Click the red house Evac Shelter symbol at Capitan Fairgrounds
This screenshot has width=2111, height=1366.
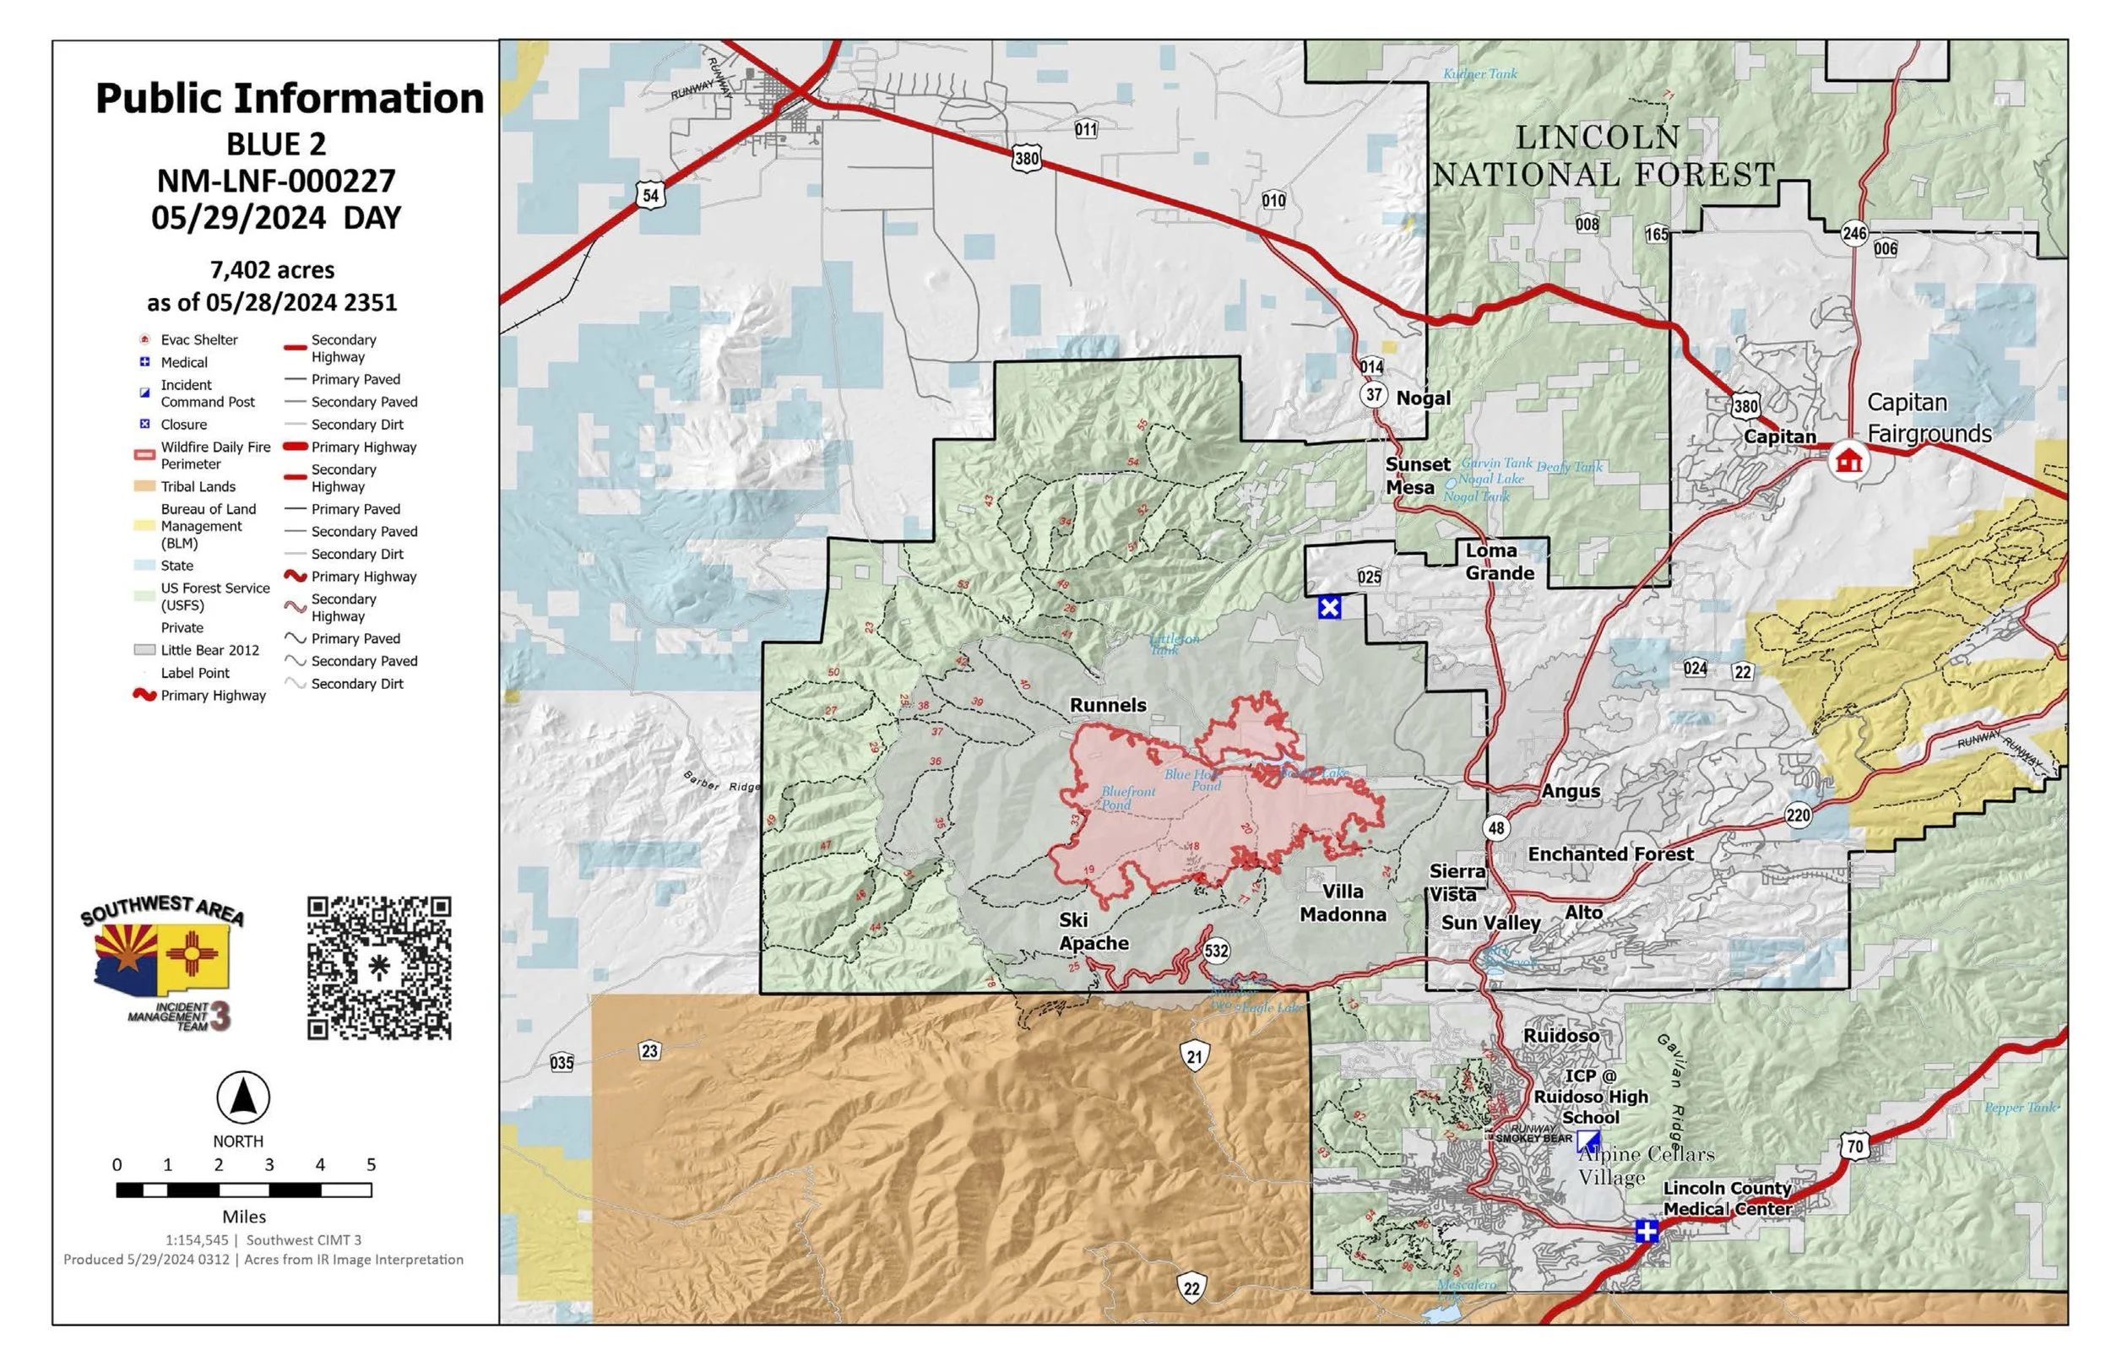pos(1848,460)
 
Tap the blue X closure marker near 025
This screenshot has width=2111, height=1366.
pos(1329,608)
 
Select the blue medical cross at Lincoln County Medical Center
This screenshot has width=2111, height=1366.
pos(1647,1231)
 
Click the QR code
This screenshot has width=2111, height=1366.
pos(379,968)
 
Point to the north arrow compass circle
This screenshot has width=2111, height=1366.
pos(243,1098)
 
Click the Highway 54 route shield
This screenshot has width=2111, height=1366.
pos(650,195)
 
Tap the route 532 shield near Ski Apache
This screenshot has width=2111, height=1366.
pos(1216,951)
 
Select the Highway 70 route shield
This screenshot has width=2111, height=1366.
pos(1854,1145)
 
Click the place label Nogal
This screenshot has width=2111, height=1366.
pos(1423,398)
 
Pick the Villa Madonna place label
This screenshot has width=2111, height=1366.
pos(1343,903)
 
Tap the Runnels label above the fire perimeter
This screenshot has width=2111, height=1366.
pos(1108,705)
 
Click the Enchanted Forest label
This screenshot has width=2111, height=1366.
pos(1611,854)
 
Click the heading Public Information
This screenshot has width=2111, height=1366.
pos(289,99)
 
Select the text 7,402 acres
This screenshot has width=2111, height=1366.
pos(272,269)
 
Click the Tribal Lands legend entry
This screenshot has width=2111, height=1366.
pos(197,487)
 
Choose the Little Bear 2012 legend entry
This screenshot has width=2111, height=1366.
pos(209,650)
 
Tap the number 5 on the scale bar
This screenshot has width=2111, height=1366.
pos(371,1165)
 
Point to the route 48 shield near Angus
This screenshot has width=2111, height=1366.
pos(1496,828)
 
